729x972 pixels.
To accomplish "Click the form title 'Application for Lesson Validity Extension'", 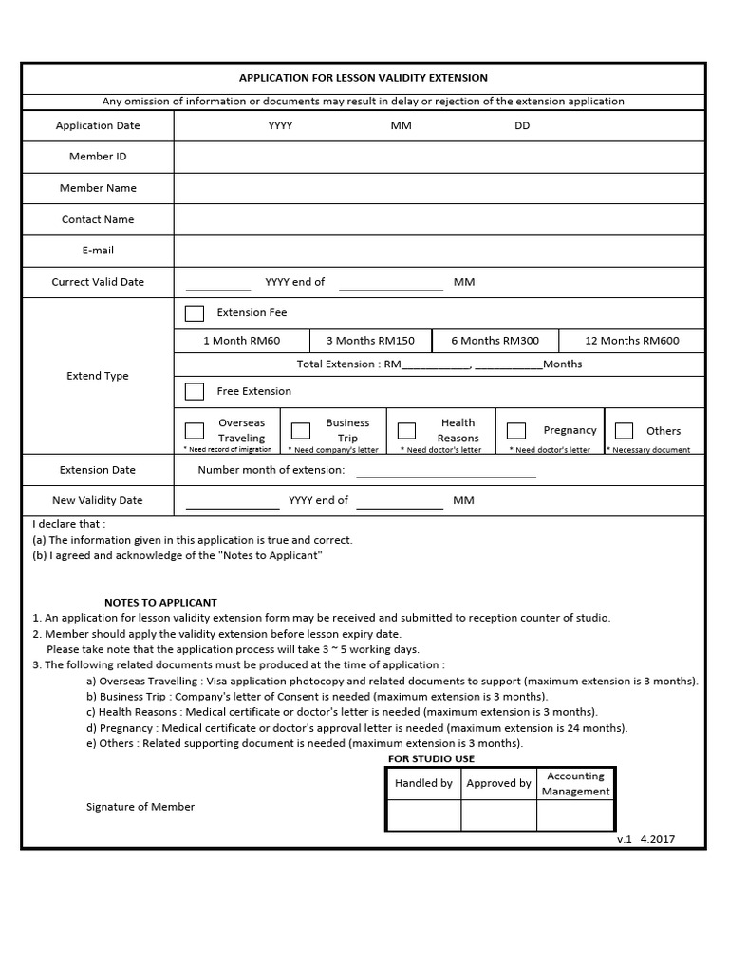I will click(x=364, y=78).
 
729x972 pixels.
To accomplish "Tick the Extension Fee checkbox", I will click(x=195, y=313).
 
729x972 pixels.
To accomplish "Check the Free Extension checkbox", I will click(x=195, y=391).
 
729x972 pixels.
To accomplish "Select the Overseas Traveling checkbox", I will click(x=195, y=431).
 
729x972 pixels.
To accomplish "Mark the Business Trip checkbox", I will click(x=301, y=431).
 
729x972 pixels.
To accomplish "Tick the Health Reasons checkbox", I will click(x=406, y=431).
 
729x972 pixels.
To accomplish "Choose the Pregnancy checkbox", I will click(x=516, y=431).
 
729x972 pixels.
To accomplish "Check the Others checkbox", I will click(x=624, y=431).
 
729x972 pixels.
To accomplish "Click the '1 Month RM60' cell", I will click(x=242, y=341).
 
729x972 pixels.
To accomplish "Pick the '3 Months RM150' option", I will click(x=370, y=341).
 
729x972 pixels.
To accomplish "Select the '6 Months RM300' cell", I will click(x=495, y=341).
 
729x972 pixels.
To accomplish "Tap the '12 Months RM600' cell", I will click(x=631, y=341).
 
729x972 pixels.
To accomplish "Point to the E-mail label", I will click(x=98, y=251).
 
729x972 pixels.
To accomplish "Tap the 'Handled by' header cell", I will click(x=423, y=783).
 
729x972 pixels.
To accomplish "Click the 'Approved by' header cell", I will click(x=498, y=783).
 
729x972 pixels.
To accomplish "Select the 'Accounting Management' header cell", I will click(x=576, y=783).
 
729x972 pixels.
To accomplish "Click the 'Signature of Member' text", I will click(x=140, y=807).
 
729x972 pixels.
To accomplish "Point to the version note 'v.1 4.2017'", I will click(x=645, y=840).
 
